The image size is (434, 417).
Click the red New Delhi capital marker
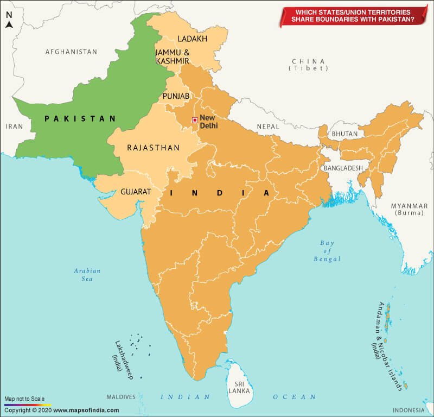coord(194,120)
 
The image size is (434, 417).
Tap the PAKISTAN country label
coord(80,118)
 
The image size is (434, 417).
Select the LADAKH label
coord(193,39)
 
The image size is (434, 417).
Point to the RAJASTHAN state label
coord(153,148)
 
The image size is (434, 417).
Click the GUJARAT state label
coord(136,192)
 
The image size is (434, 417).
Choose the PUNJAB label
coord(176,96)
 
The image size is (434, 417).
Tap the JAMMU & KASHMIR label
coord(172,56)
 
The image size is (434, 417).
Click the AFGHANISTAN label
coord(71,52)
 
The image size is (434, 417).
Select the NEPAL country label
coord(267,127)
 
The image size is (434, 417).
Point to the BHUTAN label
coord(344,134)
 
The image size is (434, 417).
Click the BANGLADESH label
coord(343,168)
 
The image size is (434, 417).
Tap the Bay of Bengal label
coord(327,251)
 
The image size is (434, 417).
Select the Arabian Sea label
coord(87,275)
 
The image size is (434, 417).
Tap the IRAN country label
coord(15,126)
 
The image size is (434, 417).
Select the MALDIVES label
coord(120,397)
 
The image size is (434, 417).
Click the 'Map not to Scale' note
coord(24,399)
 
